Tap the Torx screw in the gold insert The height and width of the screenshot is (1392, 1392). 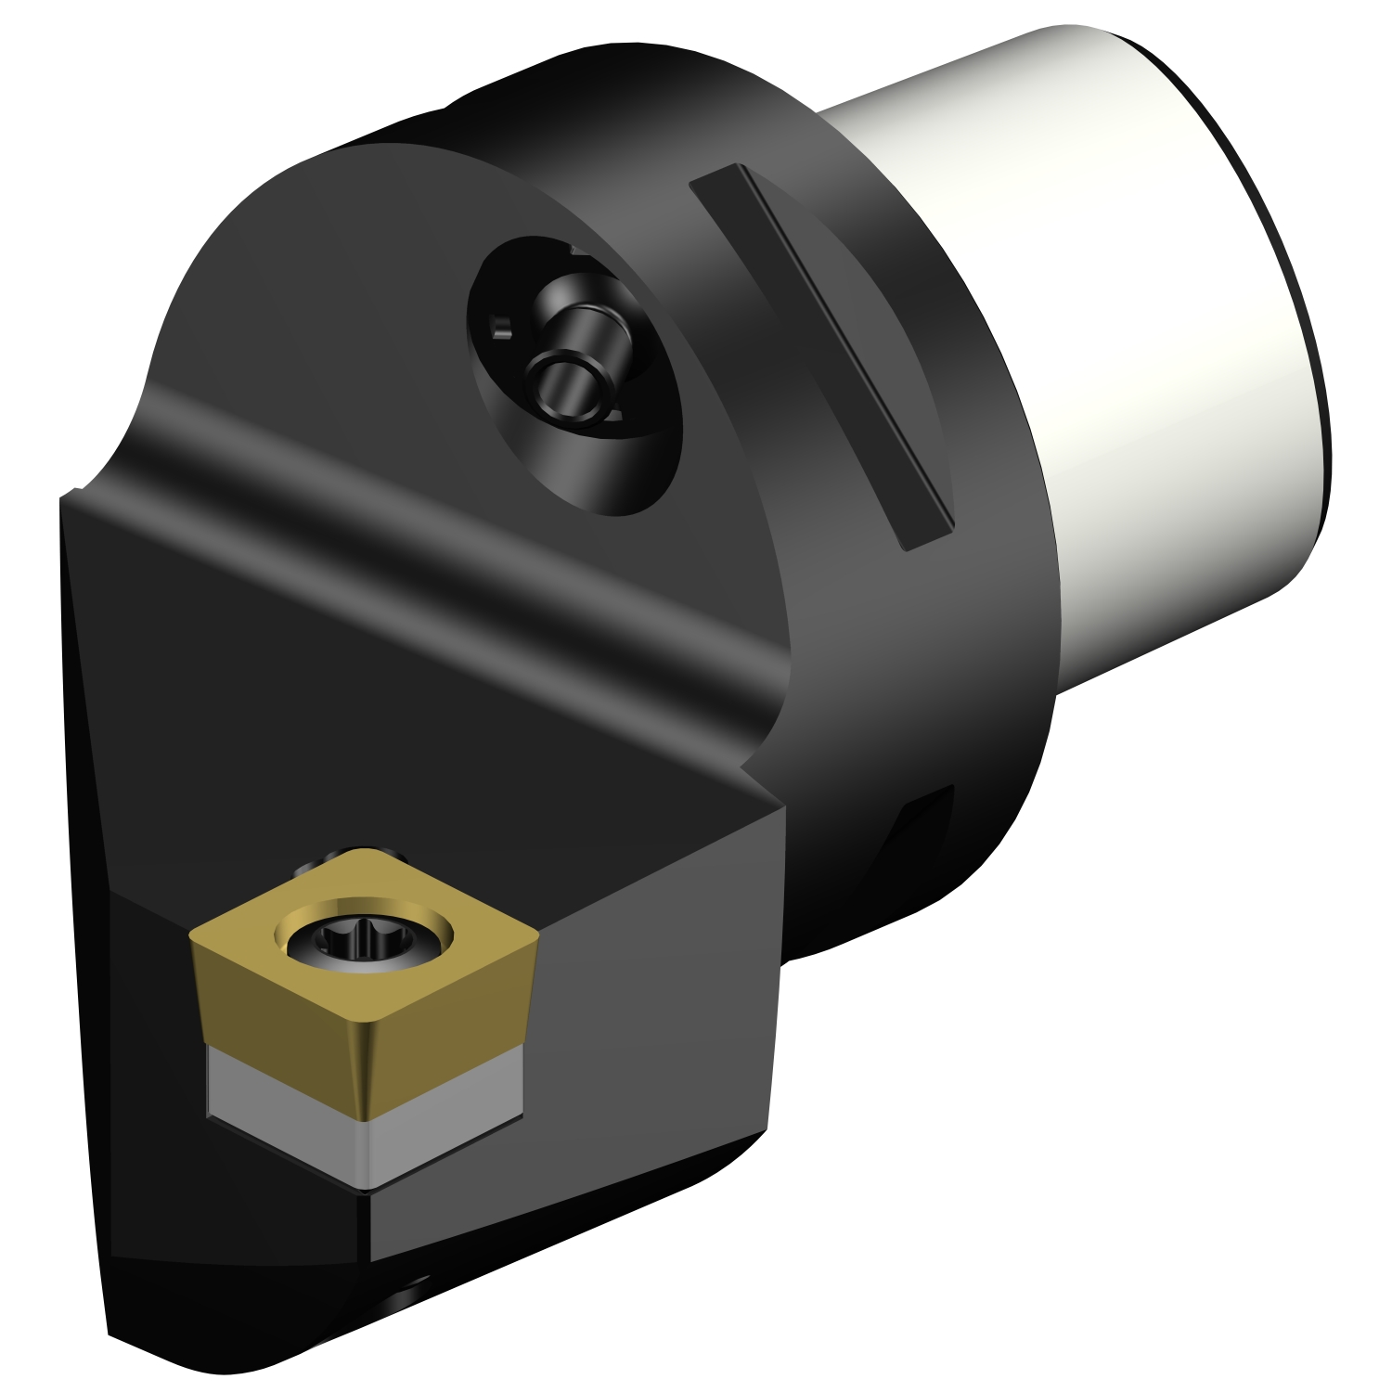pyautogui.click(x=359, y=943)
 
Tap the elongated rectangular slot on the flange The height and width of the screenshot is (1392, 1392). pyautogui.click(x=821, y=353)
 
